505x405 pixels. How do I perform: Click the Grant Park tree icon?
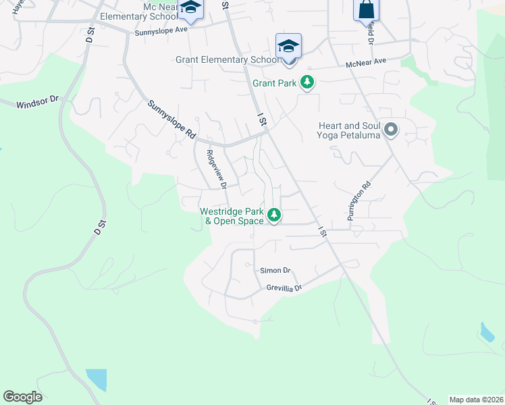pyautogui.click(x=308, y=83)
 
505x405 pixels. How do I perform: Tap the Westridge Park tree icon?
pyautogui.click(x=274, y=215)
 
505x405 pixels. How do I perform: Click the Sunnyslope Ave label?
pyautogui.click(x=161, y=32)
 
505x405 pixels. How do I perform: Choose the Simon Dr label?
pyautogui.click(x=275, y=271)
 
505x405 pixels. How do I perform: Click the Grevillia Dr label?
pyautogui.click(x=284, y=288)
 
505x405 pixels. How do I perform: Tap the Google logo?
pyautogui.click(x=22, y=397)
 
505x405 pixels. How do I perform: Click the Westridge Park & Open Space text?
pyautogui.click(x=232, y=216)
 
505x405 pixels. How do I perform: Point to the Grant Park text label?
pyautogui.click(x=275, y=84)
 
